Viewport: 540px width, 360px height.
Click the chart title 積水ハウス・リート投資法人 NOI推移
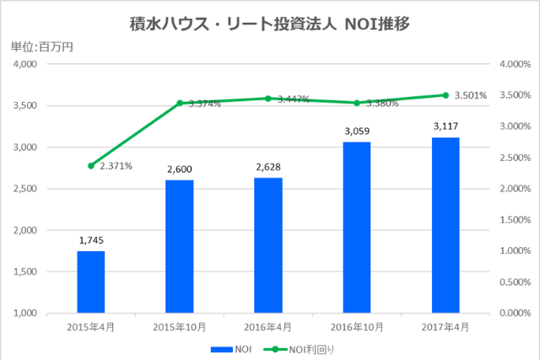(270, 24)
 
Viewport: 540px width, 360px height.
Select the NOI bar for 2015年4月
(90, 282)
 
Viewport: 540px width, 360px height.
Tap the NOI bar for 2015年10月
(179, 246)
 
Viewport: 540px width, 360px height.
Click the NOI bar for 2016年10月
(357, 227)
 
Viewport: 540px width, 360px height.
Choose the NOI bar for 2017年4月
(445, 224)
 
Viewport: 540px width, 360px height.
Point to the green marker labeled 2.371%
(90, 165)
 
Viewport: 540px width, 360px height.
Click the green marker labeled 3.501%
(445, 95)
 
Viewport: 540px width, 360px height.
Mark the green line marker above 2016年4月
(267, 99)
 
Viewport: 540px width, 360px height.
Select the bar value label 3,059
(357, 132)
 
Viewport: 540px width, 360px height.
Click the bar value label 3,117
(445, 126)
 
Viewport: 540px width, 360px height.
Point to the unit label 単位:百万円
(42, 46)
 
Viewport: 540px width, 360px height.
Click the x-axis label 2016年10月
(357, 326)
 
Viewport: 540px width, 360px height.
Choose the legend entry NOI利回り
(300, 348)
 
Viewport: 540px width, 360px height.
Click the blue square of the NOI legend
(221, 348)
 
